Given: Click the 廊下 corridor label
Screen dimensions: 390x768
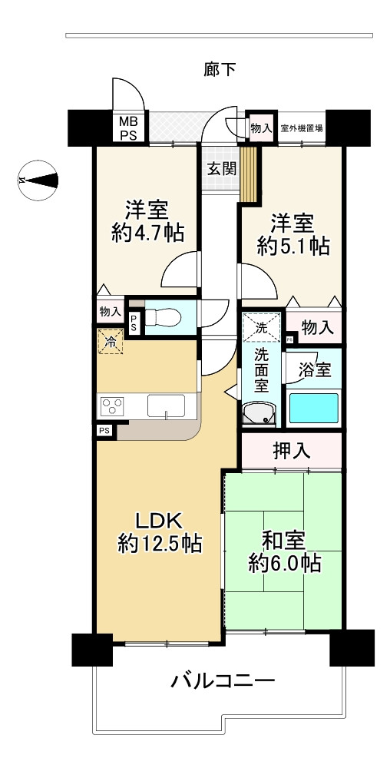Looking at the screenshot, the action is [220, 70].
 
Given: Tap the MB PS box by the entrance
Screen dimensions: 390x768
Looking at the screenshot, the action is [130, 127].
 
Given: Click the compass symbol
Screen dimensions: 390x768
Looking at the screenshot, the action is [38, 180].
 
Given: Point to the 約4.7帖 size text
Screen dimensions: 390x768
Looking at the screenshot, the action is [147, 233].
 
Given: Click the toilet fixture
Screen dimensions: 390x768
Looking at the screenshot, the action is [164, 317].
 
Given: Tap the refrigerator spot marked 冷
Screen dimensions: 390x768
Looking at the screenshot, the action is [111, 342].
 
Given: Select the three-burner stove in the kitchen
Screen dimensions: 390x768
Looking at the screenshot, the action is [112, 406].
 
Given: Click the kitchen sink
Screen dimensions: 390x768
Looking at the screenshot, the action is [167, 406].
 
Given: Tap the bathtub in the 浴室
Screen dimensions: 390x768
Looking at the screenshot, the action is [314, 408].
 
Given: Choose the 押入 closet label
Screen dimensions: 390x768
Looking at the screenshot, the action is [292, 450].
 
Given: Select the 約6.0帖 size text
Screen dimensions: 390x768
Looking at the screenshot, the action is [285, 563].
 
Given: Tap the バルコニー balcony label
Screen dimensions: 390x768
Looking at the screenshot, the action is [223, 680].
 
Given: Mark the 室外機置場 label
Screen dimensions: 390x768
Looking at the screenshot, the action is [302, 129].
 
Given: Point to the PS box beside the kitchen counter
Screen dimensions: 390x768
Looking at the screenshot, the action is [104, 431].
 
